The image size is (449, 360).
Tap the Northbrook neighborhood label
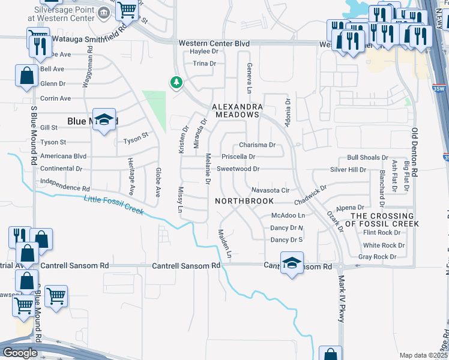point(245,201)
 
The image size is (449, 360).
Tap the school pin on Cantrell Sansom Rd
point(292,263)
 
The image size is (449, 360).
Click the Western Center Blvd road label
point(214,43)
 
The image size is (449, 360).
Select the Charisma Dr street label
point(257,145)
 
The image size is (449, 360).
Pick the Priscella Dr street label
point(238,157)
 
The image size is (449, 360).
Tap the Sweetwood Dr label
point(238,169)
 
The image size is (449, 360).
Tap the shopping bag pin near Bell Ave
point(26,76)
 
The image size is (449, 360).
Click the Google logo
point(20,353)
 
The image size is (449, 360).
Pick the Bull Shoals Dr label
point(367,157)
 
